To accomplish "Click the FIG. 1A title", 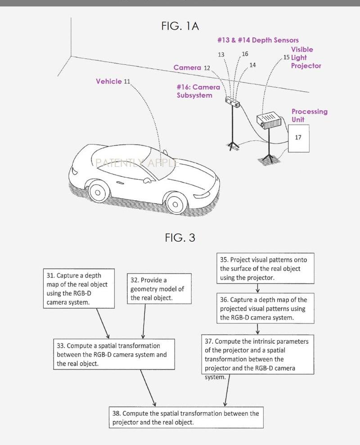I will pos(180,26).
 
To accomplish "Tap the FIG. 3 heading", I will pos(180,238).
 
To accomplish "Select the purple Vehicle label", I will pos(109,81).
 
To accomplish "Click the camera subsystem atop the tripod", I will pos(232,103).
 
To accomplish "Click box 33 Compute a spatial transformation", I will pos(113,355).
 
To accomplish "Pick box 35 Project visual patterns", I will pos(265,269).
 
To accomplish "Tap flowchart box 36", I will pos(265,309).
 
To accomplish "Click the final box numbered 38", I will pos(186,418).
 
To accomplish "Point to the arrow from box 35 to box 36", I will pos(265,288).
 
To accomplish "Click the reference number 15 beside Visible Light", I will pos(287,58).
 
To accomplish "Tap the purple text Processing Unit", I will pos(309,115).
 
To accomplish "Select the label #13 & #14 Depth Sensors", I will pos(258,40).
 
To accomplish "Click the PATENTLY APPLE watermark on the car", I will pos(137,163).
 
